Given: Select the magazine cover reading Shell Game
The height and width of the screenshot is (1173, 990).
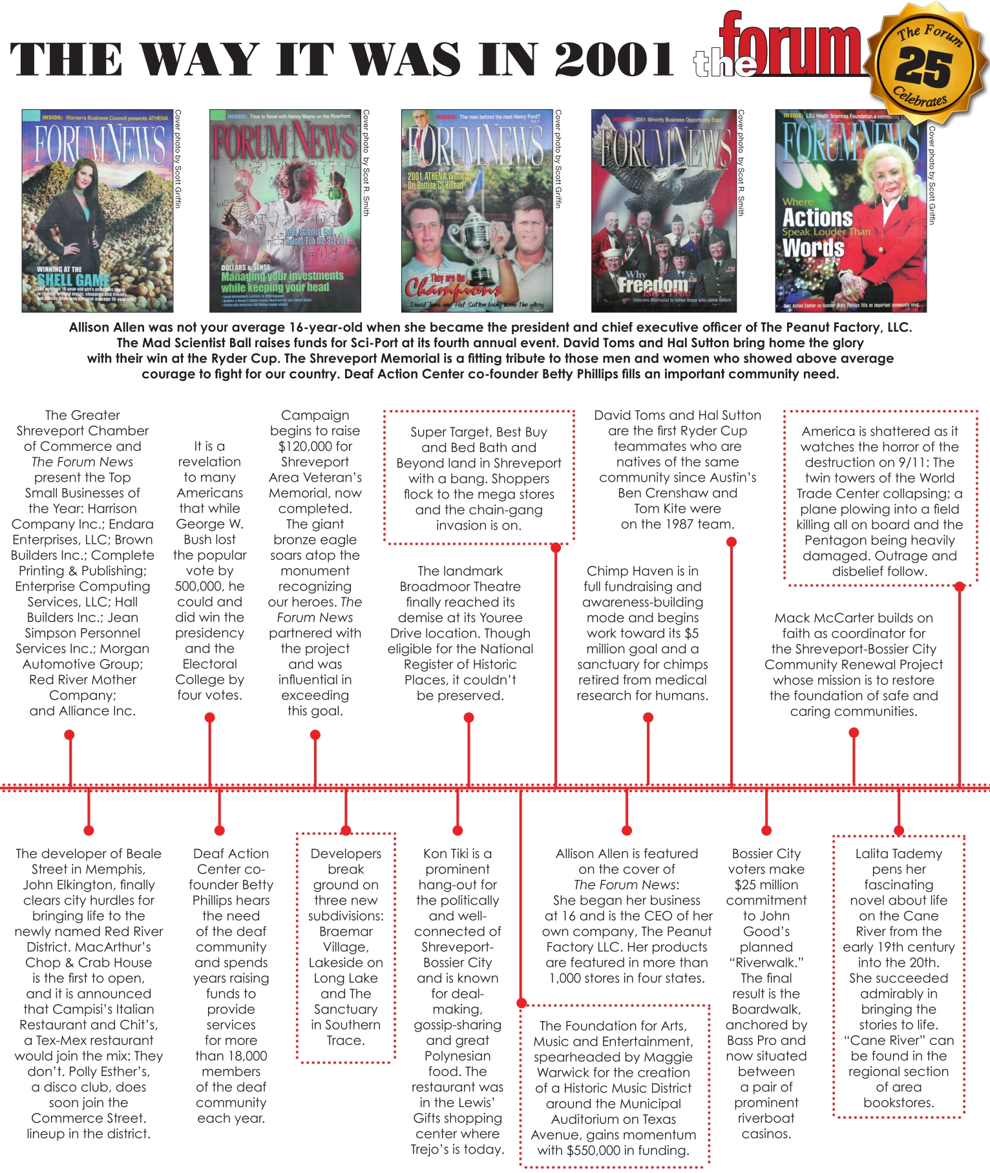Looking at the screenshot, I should pyautogui.click(x=98, y=211).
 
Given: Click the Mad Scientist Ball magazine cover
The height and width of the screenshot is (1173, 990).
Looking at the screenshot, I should pyautogui.click(x=285, y=211).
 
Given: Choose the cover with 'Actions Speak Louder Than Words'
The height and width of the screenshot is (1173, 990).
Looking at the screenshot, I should pyautogui.click(x=850, y=211).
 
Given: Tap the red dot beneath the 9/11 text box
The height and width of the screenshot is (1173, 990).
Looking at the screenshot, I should pyautogui.click(x=960, y=586).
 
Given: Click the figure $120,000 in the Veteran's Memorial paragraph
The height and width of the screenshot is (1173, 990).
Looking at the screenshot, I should pyautogui.click(x=315, y=446).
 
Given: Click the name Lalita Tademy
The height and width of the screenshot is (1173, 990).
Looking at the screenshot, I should pyautogui.click(x=898, y=854).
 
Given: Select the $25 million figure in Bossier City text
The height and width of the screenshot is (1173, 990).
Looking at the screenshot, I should pyautogui.click(x=766, y=885).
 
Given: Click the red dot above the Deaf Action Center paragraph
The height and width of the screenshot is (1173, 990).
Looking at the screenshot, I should pyautogui.click(x=220, y=830).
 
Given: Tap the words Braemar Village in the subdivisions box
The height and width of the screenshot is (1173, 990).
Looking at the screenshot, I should pyautogui.click(x=346, y=939).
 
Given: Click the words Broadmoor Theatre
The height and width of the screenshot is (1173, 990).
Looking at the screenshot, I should pyautogui.click(x=460, y=586).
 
